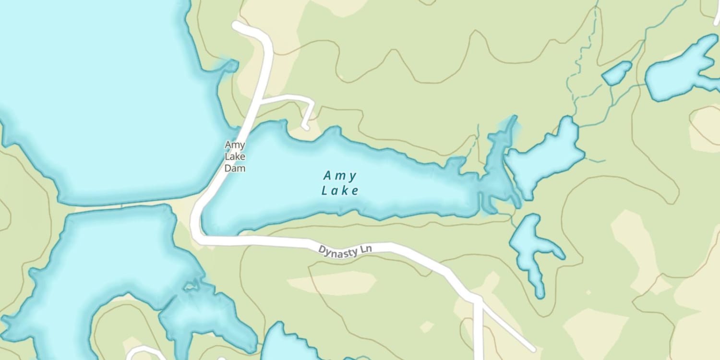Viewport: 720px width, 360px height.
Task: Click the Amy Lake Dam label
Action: click(235, 156)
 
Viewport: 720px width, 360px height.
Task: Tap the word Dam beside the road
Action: click(235, 168)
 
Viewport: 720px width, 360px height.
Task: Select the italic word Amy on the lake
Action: click(340, 176)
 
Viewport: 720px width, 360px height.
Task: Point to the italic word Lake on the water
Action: click(340, 191)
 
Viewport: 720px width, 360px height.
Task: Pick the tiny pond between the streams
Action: click(617, 73)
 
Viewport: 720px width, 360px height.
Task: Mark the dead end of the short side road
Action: click(305, 128)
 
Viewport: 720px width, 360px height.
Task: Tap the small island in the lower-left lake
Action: click(191, 287)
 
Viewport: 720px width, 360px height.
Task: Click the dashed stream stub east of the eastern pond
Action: click(595, 160)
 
